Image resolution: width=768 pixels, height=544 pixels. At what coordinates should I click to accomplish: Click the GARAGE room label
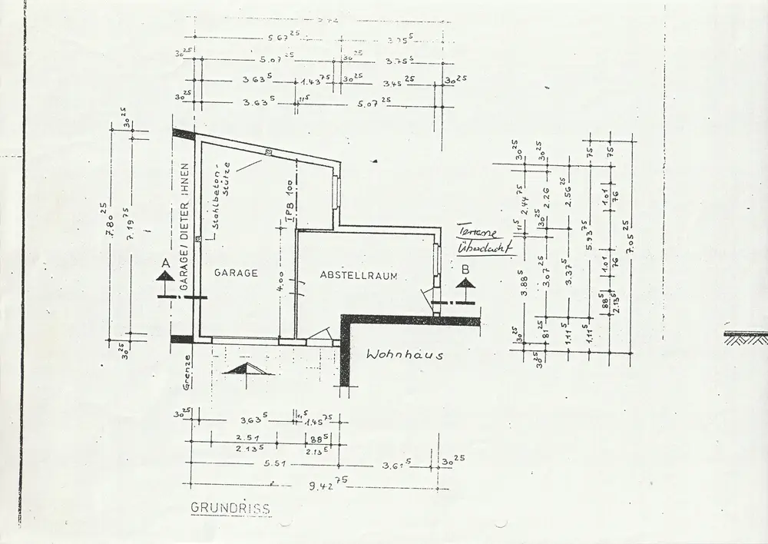click(236, 273)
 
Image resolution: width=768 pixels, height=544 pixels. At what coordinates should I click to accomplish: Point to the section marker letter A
click(163, 264)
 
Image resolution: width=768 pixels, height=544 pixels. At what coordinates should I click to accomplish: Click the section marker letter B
click(465, 270)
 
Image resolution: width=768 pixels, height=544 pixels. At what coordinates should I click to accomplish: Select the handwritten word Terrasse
click(477, 233)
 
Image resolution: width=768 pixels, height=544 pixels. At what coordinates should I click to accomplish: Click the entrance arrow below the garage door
click(248, 370)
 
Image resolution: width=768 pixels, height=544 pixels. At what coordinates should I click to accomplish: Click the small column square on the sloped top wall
click(268, 152)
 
